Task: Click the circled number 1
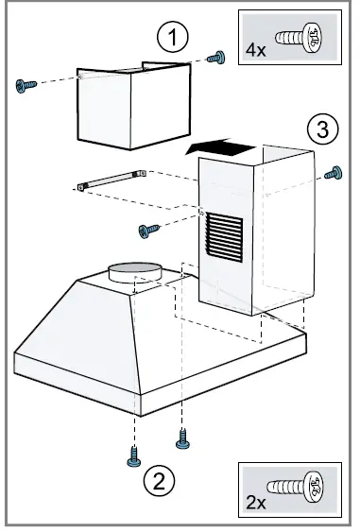point(170,38)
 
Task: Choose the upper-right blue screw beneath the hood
point(182,438)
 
